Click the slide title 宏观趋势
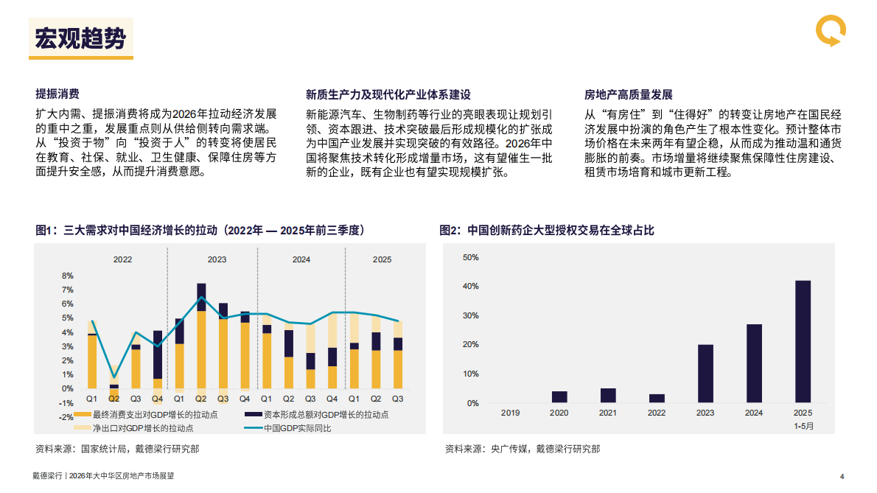click(x=81, y=38)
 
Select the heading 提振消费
click(x=57, y=94)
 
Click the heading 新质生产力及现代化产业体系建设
click(x=388, y=94)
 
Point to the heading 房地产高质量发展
click(x=629, y=94)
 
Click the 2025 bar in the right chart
click(x=803, y=342)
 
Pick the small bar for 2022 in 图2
click(x=657, y=399)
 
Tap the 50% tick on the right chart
click(x=471, y=257)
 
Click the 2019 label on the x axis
click(x=510, y=413)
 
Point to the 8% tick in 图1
click(x=67, y=276)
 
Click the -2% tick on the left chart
click(x=66, y=417)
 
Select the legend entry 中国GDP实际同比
click(x=298, y=428)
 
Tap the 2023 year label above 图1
click(x=217, y=259)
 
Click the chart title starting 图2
click(x=546, y=231)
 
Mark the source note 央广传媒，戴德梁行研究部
click(x=523, y=448)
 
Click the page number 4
click(x=842, y=476)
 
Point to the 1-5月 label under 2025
click(x=803, y=425)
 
